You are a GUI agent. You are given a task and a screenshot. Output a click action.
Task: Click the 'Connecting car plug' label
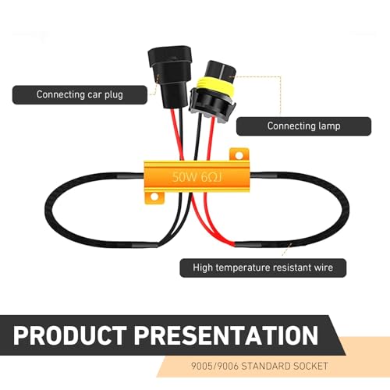coord(80,95)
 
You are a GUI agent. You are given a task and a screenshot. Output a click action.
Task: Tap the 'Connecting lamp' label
coord(303,126)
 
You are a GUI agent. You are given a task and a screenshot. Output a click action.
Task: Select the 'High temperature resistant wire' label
coord(263,268)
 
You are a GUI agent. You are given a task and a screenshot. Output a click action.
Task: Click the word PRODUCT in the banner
coord(70,335)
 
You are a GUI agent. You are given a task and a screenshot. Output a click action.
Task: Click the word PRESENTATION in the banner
coord(226,335)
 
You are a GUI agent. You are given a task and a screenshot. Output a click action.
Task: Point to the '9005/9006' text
coord(214,366)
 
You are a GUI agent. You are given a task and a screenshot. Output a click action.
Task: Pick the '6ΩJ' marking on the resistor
coord(211,178)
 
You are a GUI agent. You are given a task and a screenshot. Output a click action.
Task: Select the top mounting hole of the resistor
coord(239,156)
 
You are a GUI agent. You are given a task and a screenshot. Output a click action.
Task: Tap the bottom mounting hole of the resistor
coord(154,197)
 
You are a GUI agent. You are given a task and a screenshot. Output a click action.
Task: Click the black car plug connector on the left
coord(169,76)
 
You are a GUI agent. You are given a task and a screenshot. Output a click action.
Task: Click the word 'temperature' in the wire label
coord(239,268)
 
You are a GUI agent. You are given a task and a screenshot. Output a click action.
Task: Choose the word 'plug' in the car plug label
coord(114,95)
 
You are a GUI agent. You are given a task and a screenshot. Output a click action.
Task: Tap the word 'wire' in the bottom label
coord(324,268)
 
